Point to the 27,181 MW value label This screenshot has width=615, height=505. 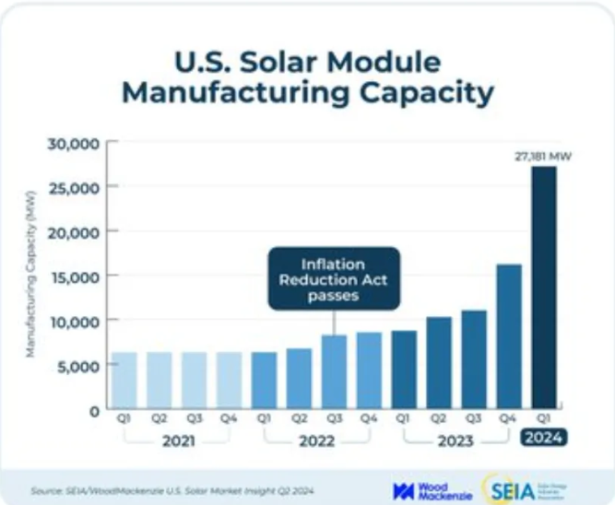point(543,158)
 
